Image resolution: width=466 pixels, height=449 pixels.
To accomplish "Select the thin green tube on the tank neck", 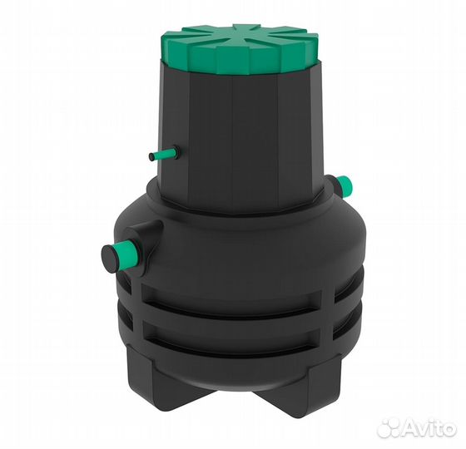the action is [x=164, y=153].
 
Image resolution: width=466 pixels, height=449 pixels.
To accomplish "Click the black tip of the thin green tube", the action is [x=151, y=157].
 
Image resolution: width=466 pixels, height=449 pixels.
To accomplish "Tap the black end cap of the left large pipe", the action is [x=109, y=259].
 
